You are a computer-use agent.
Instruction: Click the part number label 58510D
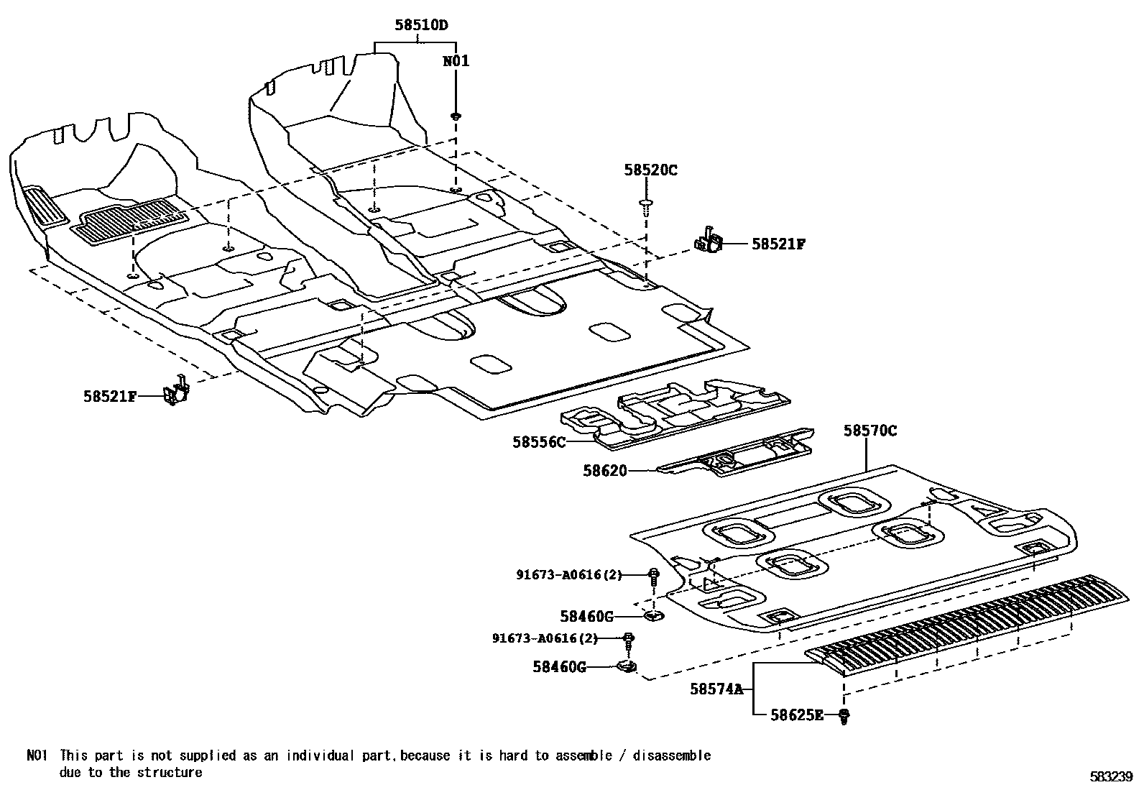[x=420, y=25]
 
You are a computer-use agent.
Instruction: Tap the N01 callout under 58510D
[x=456, y=61]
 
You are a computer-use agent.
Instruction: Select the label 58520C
[x=650, y=170]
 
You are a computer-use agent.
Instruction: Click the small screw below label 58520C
[x=646, y=206]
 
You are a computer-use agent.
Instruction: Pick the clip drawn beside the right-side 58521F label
[x=709, y=242]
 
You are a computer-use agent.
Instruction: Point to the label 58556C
[x=538, y=442]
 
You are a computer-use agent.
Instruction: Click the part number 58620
[x=604, y=471]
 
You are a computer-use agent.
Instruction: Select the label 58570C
[x=869, y=431]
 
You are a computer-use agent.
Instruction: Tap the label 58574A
[x=716, y=689]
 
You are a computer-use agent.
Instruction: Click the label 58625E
[x=796, y=715]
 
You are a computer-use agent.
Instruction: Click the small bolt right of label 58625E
[x=844, y=715]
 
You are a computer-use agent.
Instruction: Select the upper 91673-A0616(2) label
[x=569, y=574]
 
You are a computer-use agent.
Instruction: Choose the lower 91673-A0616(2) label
[x=545, y=638]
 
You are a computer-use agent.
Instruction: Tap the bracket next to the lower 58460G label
[x=627, y=667]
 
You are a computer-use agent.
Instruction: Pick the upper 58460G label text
[x=586, y=616]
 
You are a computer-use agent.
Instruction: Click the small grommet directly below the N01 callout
[x=456, y=115]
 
